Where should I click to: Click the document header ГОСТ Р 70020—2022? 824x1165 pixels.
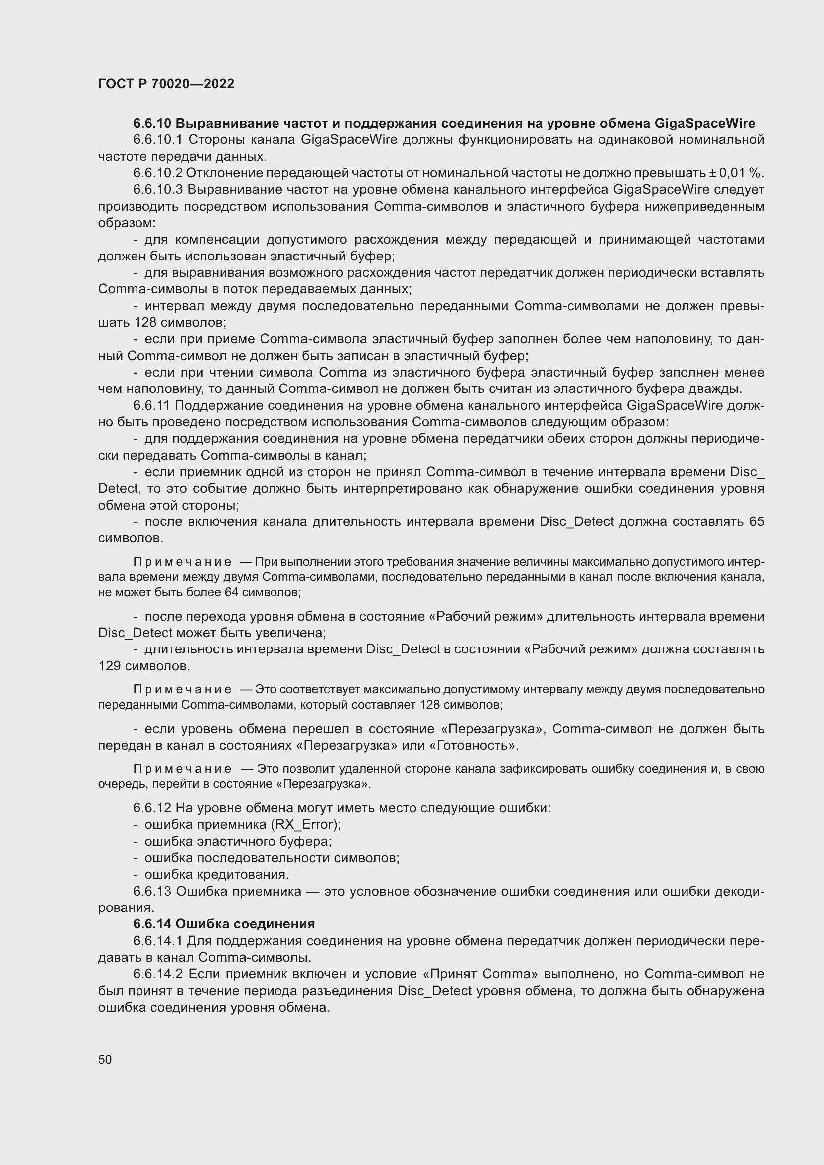point(166,84)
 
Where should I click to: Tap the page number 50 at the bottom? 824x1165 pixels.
point(105,1059)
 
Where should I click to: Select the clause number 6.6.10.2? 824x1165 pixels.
point(157,173)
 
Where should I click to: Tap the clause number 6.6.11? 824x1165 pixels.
point(152,406)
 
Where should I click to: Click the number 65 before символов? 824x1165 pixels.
point(757,522)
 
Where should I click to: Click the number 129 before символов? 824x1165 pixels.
point(109,666)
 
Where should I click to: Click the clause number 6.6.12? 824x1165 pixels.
point(152,808)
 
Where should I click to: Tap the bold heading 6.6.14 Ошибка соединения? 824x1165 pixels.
point(224,924)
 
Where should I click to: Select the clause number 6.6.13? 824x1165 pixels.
point(152,892)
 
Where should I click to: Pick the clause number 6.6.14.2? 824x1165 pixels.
point(158,974)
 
